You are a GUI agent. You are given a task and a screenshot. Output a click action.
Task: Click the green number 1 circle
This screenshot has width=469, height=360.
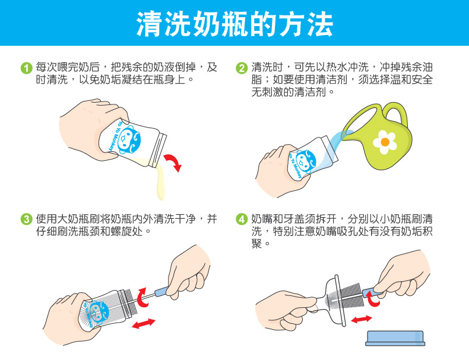coord(26,68)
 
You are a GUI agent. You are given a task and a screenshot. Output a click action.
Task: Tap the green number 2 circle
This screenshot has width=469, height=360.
coord(242,68)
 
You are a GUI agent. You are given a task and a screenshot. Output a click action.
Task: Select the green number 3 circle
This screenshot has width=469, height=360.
coord(26,219)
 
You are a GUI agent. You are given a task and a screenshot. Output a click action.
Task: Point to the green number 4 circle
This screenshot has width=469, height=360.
coord(242,219)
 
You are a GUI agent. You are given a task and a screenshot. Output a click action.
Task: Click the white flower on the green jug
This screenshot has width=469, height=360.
coord(385,142)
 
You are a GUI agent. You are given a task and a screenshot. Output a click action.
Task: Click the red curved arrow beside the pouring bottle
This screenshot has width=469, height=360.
coord(173,162)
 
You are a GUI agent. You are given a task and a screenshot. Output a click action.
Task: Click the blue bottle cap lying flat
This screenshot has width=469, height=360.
coord(395,338)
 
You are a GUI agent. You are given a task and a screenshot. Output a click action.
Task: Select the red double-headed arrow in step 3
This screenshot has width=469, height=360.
coord(144,324)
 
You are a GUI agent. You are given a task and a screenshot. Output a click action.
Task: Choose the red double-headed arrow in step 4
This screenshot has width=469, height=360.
coord(362,319)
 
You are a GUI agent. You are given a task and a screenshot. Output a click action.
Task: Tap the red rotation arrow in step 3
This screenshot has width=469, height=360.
coord(142,298)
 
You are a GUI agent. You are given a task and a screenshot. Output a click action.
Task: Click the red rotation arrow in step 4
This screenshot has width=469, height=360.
coord(373,299)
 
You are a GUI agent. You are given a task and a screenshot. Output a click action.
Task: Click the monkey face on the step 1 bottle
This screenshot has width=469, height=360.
coord(128,139)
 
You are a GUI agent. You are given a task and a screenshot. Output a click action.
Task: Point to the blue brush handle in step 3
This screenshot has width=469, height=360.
coord(162,291)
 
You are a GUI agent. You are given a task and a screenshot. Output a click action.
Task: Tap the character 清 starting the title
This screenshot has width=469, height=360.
coord(149,24)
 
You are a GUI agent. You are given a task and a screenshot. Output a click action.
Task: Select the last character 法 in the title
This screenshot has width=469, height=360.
coord(321,24)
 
